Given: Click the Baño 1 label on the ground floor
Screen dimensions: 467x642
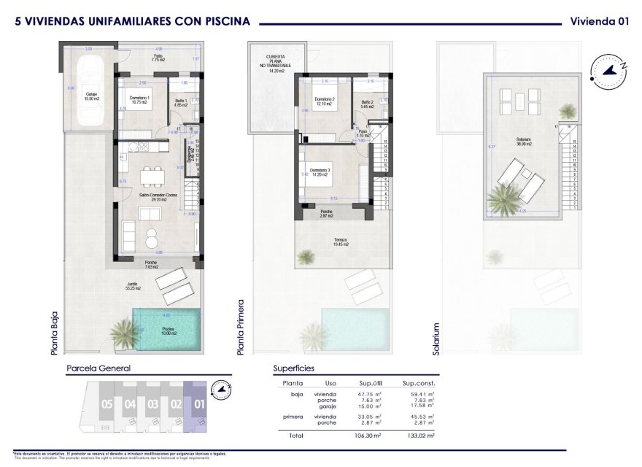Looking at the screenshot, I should click(181, 103).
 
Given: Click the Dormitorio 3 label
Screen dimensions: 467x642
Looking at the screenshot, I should click(320, 172).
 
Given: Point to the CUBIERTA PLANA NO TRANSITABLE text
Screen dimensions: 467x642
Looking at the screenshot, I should click(276, 63).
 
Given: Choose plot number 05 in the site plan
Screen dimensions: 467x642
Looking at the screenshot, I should click(107, 404).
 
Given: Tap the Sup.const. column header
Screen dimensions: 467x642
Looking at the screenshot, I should click(418, 382).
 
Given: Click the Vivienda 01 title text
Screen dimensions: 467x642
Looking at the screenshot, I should click(599, 21).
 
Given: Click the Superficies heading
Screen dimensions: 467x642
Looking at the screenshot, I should click(295, 368).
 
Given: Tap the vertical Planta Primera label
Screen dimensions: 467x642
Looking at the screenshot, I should click(241, 327).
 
